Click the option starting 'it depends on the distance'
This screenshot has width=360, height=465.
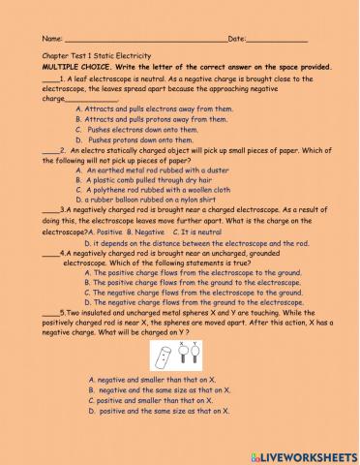click(x=194, y=243)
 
